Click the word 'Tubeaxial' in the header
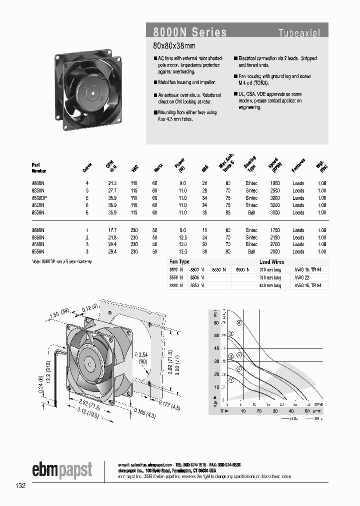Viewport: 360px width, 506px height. [299, 33]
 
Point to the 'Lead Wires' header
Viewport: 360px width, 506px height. [272, 261]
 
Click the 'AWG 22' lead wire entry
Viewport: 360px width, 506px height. [301, 277]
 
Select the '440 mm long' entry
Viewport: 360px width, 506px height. [270, 285]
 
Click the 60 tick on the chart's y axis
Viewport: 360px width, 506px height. [216, 322]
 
